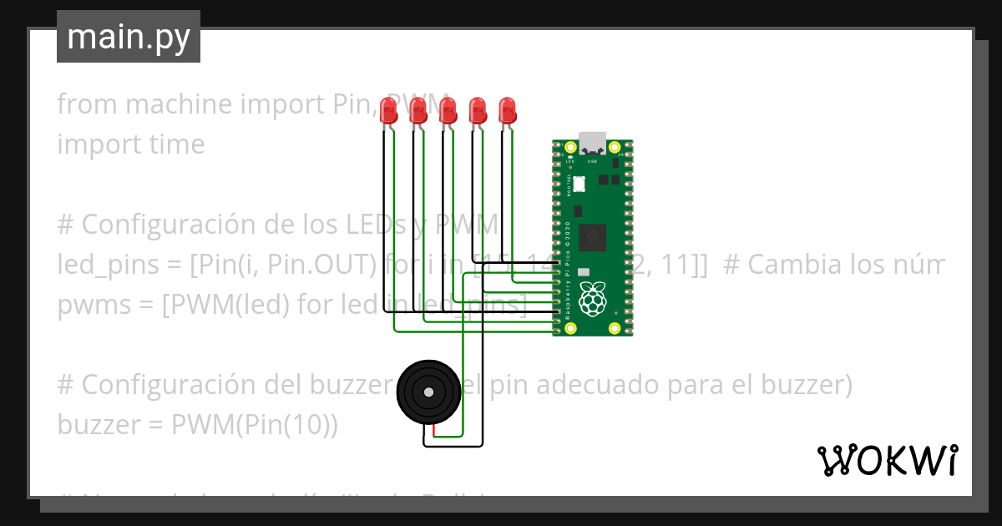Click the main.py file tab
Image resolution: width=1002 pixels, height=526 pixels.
(x=128, y=37)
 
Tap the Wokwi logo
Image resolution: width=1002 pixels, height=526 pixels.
(x=887, y=460)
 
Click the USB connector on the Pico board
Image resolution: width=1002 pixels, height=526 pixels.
(x=593, y=141)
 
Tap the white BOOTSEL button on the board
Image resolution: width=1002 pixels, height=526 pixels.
(x=579, y=184)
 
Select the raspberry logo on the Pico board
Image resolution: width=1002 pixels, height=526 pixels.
(x=593, y=300)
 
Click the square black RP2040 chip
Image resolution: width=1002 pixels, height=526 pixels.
(x=594, y=236)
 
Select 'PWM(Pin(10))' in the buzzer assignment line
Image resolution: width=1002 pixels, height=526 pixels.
(x=255, y=425)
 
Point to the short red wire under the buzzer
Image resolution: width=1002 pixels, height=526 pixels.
(x=434, y=431)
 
